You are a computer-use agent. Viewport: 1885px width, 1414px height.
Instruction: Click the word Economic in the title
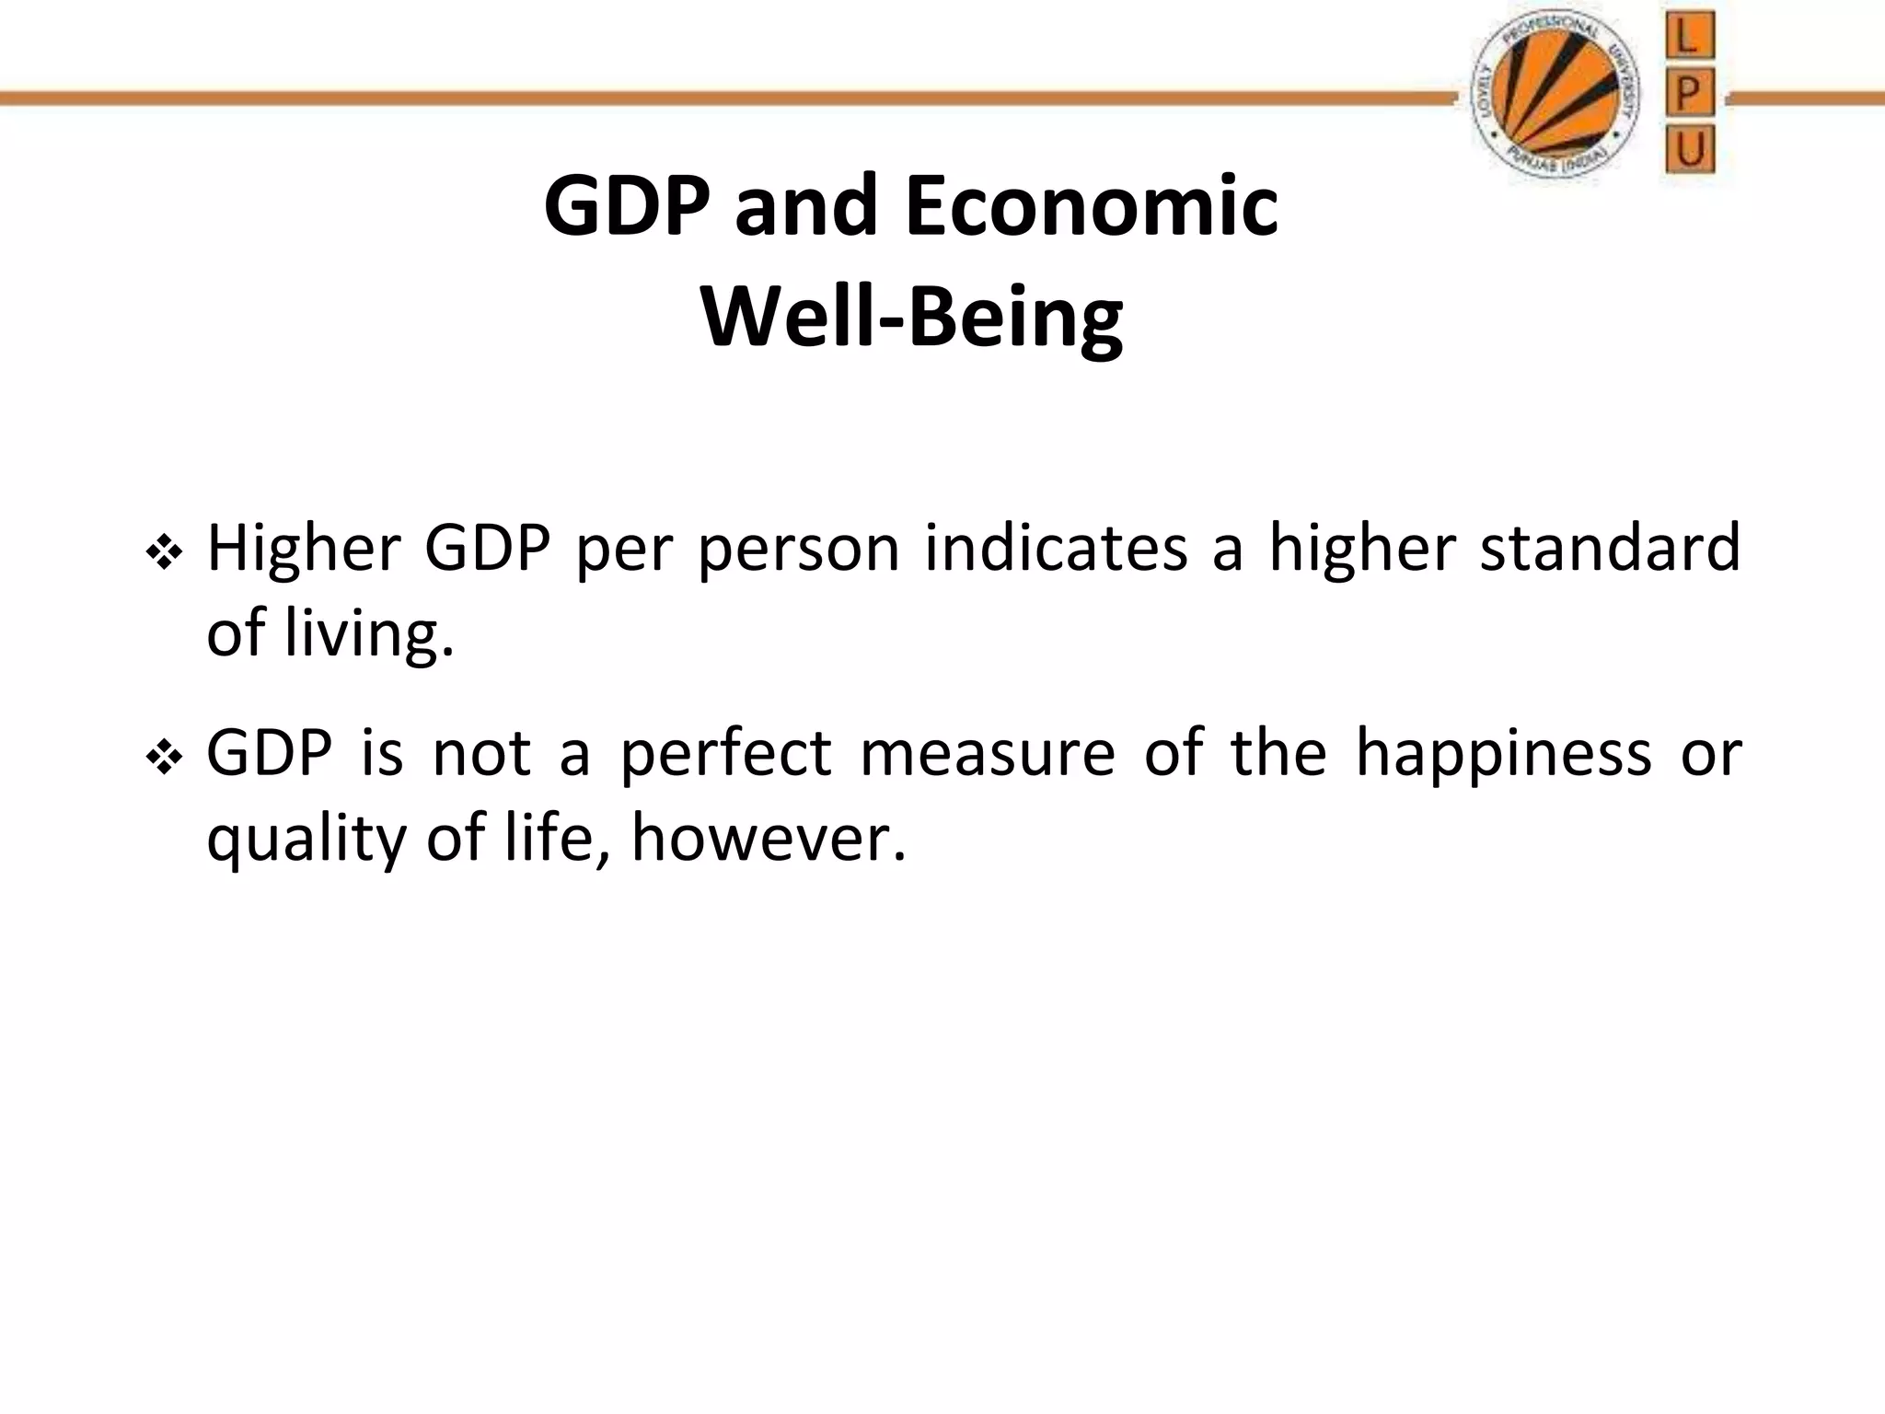pos(1092,207)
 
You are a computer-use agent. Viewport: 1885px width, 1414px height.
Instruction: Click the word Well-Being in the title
pos(911,318)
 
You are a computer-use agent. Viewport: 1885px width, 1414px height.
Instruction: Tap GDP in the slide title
pos(627,207)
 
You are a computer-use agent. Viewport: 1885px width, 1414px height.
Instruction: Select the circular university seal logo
pos(1555,97)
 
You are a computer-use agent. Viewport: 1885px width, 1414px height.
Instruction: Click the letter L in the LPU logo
pos(1689,39)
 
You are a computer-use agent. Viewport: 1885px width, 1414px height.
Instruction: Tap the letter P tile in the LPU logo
pos(1689,94)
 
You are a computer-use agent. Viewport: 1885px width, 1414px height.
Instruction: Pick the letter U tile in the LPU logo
pos(1689,149)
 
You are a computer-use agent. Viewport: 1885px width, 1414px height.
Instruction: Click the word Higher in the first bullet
pos(304,550)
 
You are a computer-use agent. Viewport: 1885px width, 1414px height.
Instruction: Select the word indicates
pos(1056,550)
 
